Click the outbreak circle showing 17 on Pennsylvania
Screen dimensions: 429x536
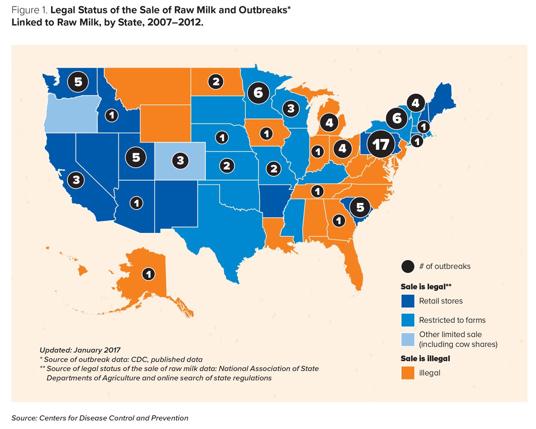click(381, 144)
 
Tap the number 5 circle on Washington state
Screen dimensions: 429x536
click(78, 81)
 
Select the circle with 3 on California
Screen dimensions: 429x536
click(76, 179)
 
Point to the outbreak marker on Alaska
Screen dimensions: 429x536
click(148, 274)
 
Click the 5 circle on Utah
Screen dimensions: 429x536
click(136, 157)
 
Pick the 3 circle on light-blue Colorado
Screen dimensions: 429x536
click(181, 160)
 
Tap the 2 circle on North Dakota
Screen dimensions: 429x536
click(216, 81)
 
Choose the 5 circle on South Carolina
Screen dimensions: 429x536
click(360, 207)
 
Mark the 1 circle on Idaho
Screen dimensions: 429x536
click(111, 115)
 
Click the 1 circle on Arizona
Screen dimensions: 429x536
click(137, 202)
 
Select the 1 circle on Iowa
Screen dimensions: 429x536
click(266, 133)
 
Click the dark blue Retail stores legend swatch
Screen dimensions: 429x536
click(407, 301)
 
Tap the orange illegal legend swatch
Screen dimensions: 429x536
click(407, 373)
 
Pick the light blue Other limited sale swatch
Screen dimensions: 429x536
click(407, 339)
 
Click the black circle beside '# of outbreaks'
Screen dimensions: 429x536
click(407, 266)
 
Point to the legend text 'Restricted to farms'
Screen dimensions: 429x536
click(452, 320)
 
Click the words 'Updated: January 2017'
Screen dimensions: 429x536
click(80, 350)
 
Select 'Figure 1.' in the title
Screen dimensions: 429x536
click(29, 10)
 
